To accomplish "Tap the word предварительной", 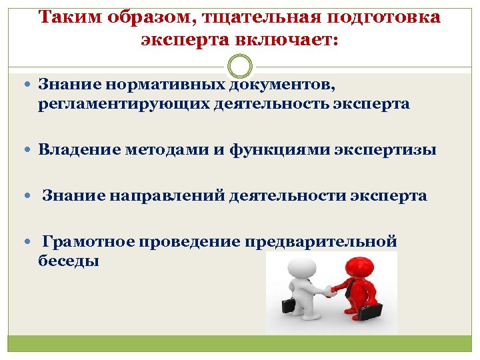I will tap(321, 241).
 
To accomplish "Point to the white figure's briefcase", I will tap(289, 305).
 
